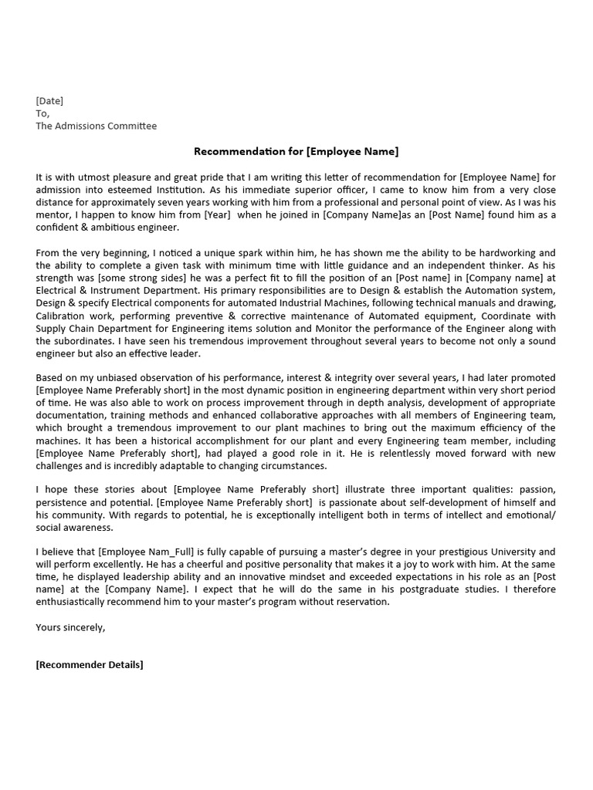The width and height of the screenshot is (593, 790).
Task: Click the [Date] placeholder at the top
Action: (x=49, y=100)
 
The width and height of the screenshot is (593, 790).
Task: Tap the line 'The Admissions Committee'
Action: (x=96, y=126)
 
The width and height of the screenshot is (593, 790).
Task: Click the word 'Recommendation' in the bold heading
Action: (x=230, y=151)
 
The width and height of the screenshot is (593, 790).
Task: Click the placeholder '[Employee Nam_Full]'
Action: (x=154, y=552)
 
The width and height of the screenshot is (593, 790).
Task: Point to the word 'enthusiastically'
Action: (x=73, y=602)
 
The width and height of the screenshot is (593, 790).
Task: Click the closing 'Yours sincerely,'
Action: (x=70, y=627)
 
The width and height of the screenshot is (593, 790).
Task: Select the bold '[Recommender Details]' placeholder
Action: (x=90, y=665)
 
